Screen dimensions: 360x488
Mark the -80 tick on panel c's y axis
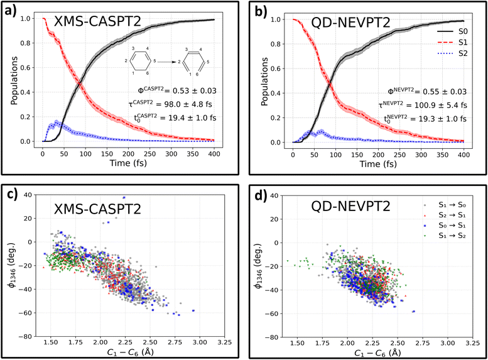tap(28, 336)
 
